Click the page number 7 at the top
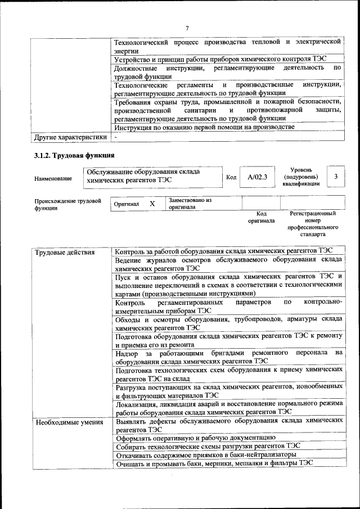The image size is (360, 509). tap(186, 28)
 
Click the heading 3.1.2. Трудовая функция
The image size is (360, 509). tap(74, 155)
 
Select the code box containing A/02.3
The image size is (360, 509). tap(257, 177)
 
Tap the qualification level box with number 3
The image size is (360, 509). tap(335, 177)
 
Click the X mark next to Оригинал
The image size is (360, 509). tap(152, 204)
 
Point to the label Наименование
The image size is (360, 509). tap(53, 178)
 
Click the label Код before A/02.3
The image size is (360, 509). tap(231, 178)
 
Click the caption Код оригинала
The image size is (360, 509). tap(261, 217)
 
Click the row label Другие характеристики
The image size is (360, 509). tap(70, 137)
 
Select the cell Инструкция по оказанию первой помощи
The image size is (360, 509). tap(204, 127)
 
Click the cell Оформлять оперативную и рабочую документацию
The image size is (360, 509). tap(195, 436)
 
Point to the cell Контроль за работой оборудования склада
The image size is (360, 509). tap(224, 251)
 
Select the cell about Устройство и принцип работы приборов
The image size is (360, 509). tap(220, 59)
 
